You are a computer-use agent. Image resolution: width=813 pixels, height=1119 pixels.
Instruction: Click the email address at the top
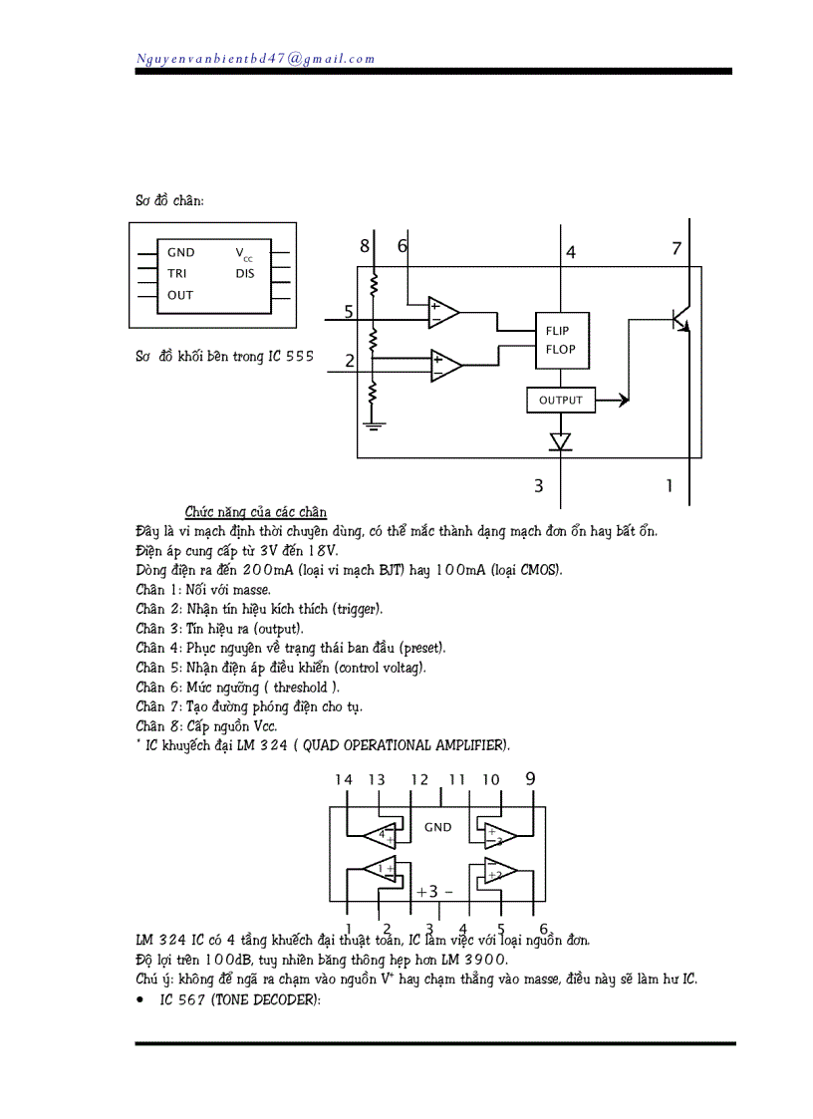pos(255,58)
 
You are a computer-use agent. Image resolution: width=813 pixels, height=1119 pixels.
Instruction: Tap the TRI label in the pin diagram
pos(177,273)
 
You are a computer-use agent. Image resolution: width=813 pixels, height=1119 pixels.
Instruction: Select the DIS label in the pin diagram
pos(245,273)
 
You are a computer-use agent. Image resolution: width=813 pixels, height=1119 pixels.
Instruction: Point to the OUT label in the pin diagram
pos(180,295)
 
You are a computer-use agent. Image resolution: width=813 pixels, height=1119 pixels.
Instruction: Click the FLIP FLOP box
pos(560,340)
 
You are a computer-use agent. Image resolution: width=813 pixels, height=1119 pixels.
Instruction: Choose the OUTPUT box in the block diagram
pos(560,401)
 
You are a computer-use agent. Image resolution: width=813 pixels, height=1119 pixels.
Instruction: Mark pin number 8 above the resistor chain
pos(365,246)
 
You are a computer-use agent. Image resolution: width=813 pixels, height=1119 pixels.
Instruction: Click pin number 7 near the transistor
pos(677,248)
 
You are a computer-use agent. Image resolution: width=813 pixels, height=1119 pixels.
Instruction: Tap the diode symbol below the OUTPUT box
pos(561,440)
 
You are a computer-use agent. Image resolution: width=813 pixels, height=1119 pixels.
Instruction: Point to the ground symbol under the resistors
pos(374,426)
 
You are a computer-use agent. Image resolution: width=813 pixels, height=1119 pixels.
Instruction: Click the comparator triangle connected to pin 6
pos(442,312)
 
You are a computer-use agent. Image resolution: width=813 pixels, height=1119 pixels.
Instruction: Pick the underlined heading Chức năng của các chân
pos(255,512)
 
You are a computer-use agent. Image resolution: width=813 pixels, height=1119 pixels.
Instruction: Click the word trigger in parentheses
pos(357,608)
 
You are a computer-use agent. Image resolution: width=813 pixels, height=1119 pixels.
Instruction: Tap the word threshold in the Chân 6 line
pos(307,687)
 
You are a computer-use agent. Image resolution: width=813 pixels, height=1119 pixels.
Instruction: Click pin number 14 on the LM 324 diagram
pos(344,779)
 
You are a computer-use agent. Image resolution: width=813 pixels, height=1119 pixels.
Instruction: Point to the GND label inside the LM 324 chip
pos(437,827)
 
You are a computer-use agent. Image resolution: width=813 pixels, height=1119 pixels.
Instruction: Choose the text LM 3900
pos(472,960)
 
